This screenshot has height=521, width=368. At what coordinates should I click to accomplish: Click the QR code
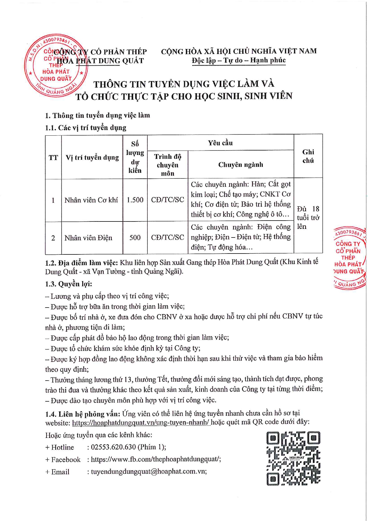click(x=293, y=458)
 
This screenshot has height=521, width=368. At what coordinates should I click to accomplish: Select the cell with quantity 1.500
click(x=135, y=200)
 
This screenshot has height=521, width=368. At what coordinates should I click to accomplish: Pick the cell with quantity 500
click(x=135, y=237)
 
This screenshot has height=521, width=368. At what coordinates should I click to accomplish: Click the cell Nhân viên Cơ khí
click(x=91, y=200)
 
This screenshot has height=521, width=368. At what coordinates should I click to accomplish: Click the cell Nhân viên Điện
click(x=88, y=238)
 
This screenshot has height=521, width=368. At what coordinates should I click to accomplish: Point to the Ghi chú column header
click(x=308, y=156)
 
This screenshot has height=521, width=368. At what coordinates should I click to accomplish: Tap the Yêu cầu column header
click(x=220, y=143)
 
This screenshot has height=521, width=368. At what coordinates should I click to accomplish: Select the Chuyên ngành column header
click(x=240, y=164)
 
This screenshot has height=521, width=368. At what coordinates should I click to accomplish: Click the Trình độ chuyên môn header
click(x=168, y=165)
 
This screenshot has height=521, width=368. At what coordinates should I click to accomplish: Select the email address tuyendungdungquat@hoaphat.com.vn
click(x=149, y=471)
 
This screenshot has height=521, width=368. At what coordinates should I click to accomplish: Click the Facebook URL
click(x=156, y=459)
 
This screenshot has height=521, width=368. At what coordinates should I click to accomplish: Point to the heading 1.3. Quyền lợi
click(x=68, y=284)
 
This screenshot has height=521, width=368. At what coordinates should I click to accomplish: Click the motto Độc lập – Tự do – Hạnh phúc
click(x=239, y=60)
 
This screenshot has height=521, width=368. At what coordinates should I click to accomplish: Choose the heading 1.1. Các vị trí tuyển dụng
click(x=86, y=128)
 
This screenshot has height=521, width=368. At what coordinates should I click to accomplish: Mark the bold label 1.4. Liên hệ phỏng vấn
click(x=83, y=414)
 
